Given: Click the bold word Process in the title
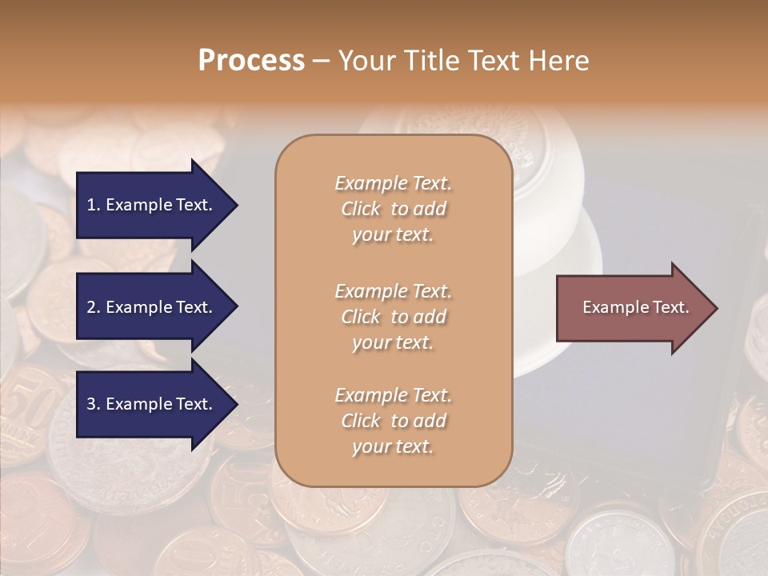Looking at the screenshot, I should tap(251, 61).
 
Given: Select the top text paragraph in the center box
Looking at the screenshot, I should tap(393, 209).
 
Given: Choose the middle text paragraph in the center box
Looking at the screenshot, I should tap(393, 317).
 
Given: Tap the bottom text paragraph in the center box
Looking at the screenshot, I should tap(393, 421).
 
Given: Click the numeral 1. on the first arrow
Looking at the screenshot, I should tap(94, 205).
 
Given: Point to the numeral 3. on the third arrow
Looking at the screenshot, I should tap(94, 404).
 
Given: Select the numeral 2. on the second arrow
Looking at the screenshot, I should tap(94, 307).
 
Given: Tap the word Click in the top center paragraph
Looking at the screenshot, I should tap(361, 209).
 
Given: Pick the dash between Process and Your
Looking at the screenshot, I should tap(321, 61).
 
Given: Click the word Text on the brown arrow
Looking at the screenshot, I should tap(670, 307).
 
